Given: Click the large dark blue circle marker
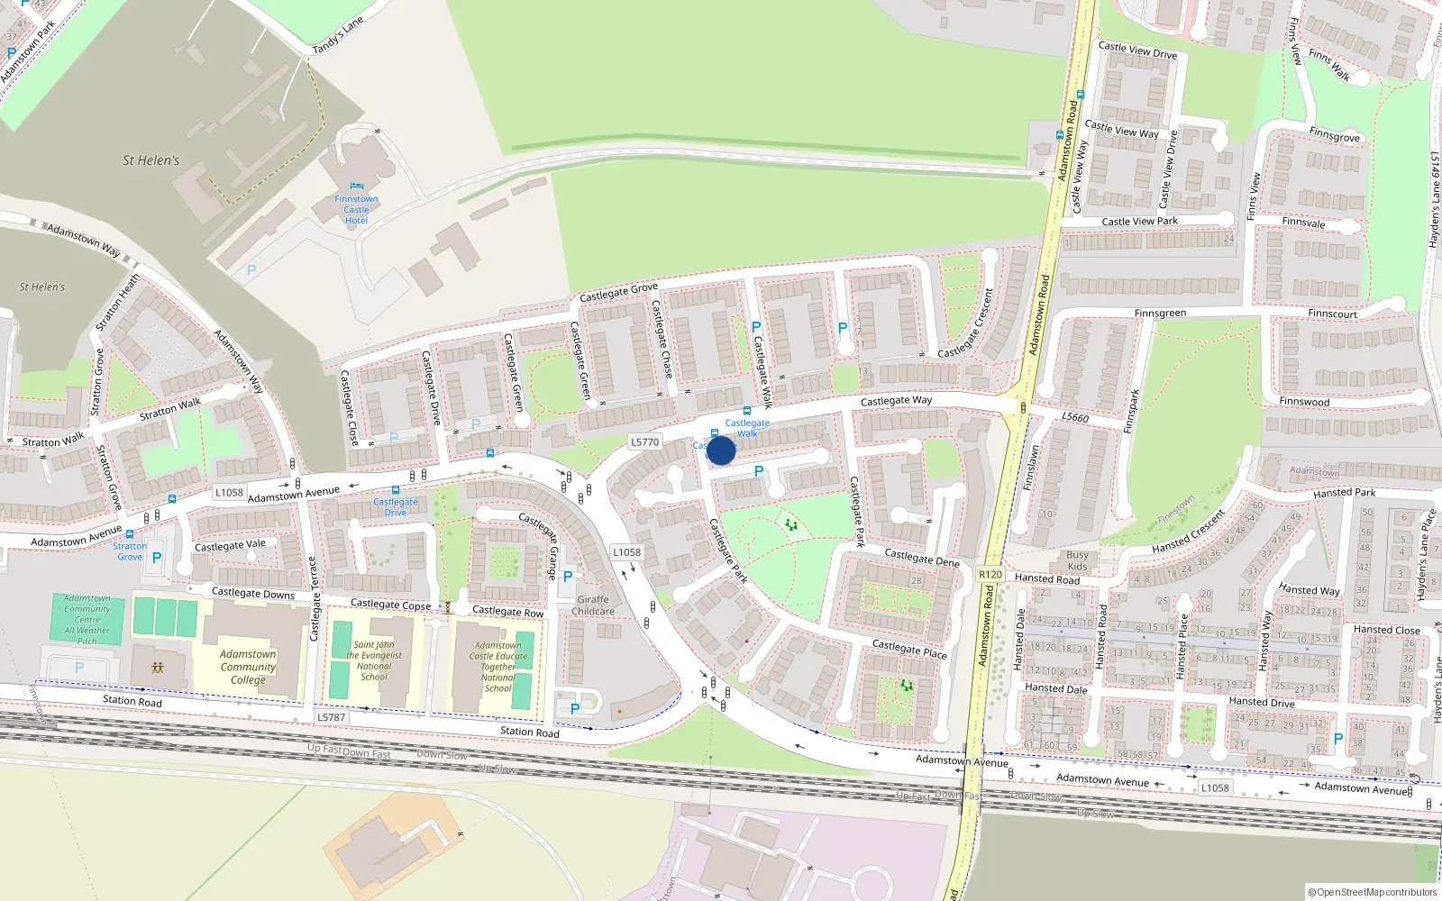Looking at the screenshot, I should pos(721,450).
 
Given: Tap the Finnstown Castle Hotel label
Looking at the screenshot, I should pos(356,210).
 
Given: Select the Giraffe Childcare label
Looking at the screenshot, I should pos(593,605).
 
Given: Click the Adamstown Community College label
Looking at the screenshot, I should pos(248,667).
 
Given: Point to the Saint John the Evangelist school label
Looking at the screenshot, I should pos(374,660).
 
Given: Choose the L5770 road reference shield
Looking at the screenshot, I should pos(645,442).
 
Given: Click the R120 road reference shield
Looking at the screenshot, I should pos(990,575).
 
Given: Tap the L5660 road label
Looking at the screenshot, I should pos(1075,417).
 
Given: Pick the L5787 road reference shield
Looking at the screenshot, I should pos(331,717).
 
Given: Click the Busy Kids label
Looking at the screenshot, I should pos(1077,560).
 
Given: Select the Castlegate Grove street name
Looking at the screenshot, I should pos(618,292).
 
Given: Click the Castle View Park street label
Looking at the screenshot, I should pos(1139,221).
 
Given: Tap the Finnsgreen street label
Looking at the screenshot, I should pos(1160,313).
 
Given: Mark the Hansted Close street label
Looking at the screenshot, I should pos(1386,630).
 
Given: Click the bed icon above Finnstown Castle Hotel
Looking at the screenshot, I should pos(356,186).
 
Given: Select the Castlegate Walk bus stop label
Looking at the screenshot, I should pos(747,428).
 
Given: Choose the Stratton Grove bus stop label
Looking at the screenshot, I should pos(130,551).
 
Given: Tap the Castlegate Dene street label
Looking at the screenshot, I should pos(921,558).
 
